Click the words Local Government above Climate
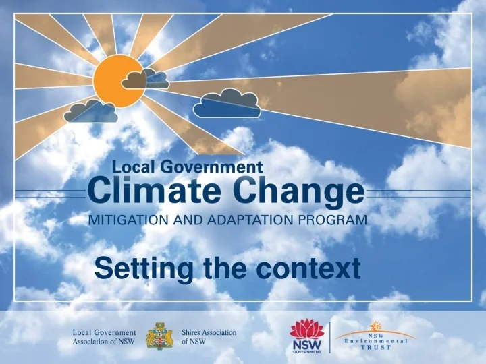pos(187,165)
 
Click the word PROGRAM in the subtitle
pos(337,219)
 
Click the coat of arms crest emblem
pos(159,336)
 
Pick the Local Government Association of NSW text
pos(104,337)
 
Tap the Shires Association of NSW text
pos(209,337)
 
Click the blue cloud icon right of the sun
pos(227,103)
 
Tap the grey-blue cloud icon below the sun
pos(91,112)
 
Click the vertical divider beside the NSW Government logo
pos(330,336)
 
